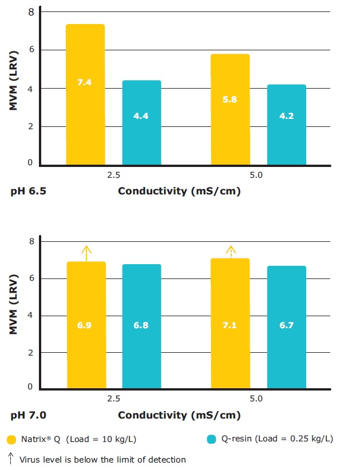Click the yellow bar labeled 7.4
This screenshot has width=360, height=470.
85,94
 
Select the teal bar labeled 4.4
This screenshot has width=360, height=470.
141,123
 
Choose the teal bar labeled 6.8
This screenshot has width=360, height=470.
141,326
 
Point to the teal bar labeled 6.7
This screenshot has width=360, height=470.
286,326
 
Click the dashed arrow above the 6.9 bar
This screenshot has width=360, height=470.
86,253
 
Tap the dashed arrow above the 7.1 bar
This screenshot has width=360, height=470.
231,252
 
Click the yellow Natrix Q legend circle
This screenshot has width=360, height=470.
11,439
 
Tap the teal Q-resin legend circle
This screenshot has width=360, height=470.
211,439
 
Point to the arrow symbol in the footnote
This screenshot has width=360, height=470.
11,459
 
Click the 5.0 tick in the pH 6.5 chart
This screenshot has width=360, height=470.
256,175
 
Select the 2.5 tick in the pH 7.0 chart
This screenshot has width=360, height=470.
114,399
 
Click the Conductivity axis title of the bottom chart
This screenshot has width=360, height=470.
179,415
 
